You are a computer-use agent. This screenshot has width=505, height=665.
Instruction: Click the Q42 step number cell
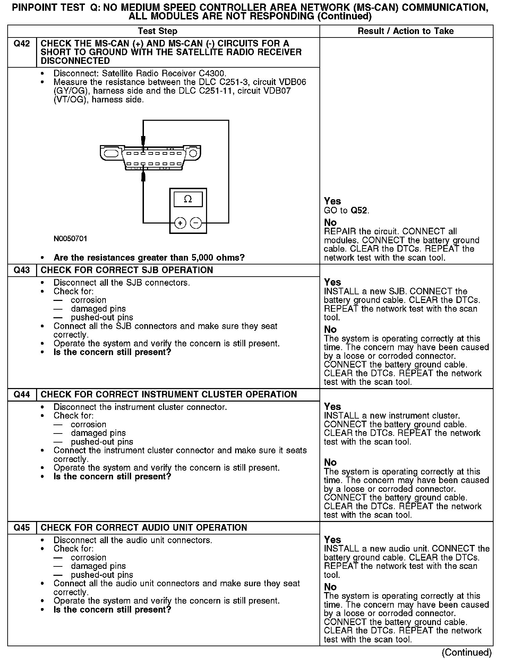tap(22, 44)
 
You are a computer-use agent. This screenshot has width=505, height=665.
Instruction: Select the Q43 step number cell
tap(22, 270)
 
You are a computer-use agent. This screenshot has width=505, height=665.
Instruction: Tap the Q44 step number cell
tap(22, 395)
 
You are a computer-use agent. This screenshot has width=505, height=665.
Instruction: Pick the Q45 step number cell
tap(22, 528)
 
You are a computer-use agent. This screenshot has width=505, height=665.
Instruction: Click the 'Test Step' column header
tap(157, 31)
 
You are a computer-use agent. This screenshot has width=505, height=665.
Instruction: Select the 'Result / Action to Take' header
tap(405, 31)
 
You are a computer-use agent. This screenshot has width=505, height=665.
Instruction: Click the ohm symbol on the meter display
tap(188, 199)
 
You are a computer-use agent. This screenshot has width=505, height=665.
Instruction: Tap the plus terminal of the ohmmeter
tap(180, 223)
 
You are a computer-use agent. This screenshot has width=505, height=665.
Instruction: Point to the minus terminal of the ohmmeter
tap(196, 223)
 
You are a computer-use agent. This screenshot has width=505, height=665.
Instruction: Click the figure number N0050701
tap(70, 239)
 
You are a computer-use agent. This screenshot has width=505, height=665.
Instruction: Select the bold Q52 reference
tap(359, 211)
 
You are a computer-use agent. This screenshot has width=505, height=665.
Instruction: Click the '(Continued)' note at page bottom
tap(467, 653)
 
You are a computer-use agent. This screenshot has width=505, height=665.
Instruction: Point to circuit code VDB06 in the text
tap(293, 83)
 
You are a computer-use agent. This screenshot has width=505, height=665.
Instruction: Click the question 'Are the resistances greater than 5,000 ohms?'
tap(149, 258)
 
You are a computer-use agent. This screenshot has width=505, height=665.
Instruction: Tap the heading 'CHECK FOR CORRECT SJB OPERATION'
tap(127, 270)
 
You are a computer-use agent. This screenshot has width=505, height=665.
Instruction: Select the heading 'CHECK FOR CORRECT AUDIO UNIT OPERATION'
tap(144, 528)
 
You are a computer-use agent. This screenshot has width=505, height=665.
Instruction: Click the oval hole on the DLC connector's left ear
tap(111, 153)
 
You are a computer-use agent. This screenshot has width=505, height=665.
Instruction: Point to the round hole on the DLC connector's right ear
tap(193, 153)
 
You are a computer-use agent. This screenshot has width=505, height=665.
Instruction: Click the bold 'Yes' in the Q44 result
tap(332, 407)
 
